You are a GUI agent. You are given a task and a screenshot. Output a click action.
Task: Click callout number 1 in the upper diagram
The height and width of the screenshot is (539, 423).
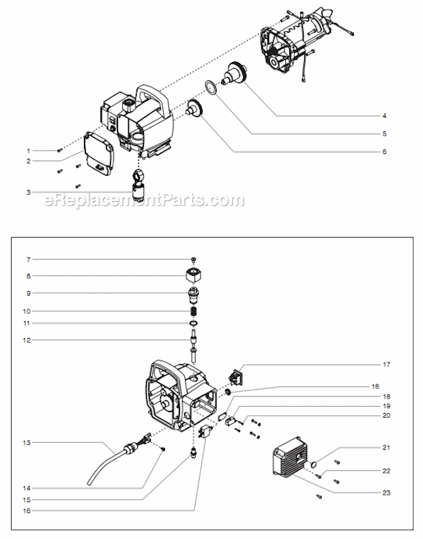29,149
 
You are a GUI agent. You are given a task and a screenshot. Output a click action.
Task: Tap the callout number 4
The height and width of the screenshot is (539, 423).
384,116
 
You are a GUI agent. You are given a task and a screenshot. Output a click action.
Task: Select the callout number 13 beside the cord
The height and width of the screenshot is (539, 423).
28,442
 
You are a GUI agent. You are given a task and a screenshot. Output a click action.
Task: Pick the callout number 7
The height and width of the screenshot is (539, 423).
28,260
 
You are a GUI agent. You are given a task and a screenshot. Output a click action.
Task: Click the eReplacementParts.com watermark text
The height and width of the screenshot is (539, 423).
143,200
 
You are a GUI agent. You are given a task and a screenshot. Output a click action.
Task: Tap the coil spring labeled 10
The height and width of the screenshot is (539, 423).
194,311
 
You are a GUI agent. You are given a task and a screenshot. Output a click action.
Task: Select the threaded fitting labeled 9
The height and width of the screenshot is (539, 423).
194,294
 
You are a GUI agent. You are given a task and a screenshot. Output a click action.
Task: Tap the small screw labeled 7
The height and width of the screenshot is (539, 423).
194,260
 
